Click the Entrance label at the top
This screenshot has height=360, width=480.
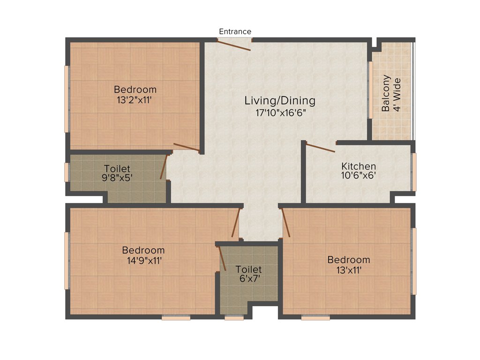pyautogui.click(x=235, y=31)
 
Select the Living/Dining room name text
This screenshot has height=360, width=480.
pyautogui.click(x=280, y=100)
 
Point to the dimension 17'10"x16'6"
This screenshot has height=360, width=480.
pyautogui.click(x=280, y=112)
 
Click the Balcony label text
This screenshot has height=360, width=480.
pyautogui.click(x=386, y=93)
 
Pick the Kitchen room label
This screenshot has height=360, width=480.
pyautogui.click(x=358, y=166)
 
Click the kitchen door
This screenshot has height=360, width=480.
pyautogui.click(x=321, y=148)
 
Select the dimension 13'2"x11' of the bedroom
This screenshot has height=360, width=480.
pyautogui.click(x=135, y=100)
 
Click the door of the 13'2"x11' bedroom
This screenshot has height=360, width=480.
pyautogui.click(x=187, y=148)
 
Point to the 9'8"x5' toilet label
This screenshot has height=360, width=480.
pyautogui.click(x=117, y=168)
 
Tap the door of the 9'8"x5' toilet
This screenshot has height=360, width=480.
pyautogui.click(x=164, y=167)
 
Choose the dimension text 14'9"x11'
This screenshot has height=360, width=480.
pyautogui.click(x=143, y=261)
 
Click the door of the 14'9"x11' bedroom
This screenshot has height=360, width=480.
pyautogui.click(x=235, y=222)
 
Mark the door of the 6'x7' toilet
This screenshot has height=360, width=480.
pyautogui.click(x=222, y=258)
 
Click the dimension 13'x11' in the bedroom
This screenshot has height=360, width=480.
pyautogui.click(x=348, y=270)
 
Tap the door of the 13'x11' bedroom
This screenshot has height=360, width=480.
pyautogui.click(x=286, y=223)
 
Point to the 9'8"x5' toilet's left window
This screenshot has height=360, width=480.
pyautogui.click(x=67, y=172)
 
